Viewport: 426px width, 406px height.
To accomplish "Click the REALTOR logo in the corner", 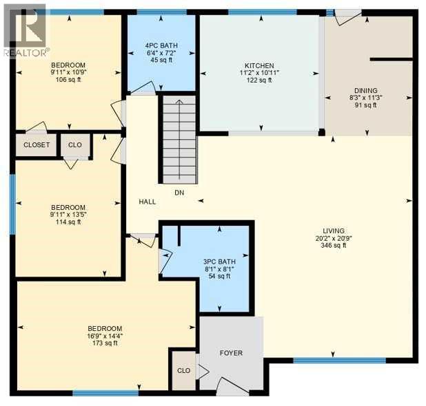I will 26,30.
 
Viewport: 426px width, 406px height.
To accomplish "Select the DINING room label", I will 365,90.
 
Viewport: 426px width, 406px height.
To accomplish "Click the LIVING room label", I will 333,231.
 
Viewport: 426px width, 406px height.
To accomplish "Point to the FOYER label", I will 231,353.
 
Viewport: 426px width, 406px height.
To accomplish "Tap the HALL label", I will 147,202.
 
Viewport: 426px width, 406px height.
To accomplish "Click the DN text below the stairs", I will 178,193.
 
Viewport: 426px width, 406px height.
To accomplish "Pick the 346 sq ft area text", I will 333,245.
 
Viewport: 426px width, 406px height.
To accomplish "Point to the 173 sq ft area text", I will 105,343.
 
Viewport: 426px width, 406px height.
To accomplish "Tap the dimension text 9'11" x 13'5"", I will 68,215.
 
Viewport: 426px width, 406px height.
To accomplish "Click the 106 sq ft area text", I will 68,80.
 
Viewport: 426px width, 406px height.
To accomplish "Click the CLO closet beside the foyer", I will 183,370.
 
